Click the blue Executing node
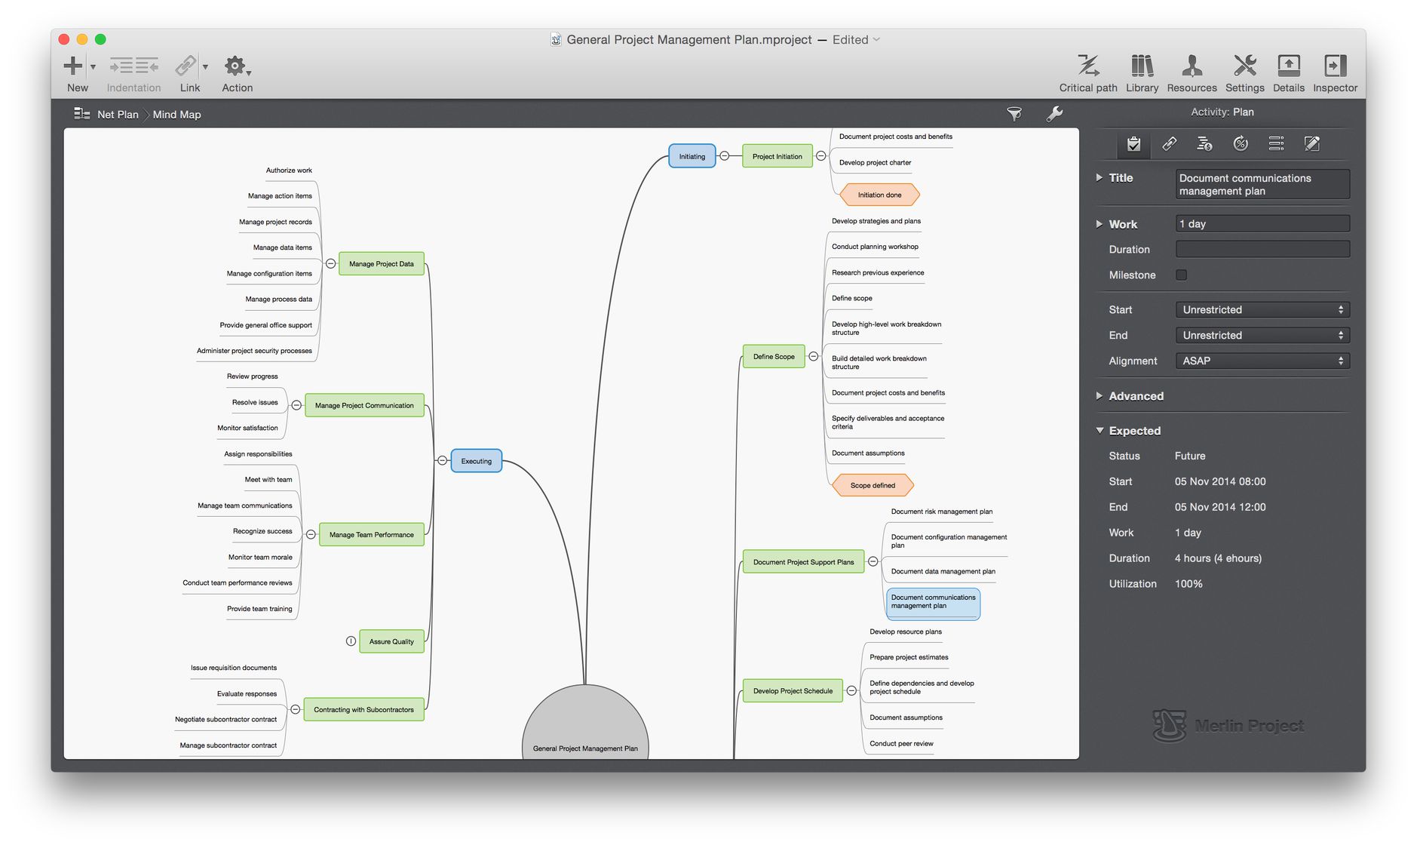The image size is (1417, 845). coord(476,461)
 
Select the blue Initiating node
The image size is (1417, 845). coord(692,156)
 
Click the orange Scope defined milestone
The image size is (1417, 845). coord(873,485)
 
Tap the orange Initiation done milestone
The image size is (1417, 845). coord(879,195)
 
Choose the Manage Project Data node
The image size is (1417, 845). coord(381,264)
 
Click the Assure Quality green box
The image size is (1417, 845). coord(391,641)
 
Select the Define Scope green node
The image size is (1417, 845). coord(774,356)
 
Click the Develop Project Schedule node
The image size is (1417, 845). coord(793,690)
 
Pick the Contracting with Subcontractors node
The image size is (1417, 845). coord(363,709)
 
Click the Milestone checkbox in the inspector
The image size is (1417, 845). coord(1182,275)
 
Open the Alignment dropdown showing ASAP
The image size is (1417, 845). coord(1262,361)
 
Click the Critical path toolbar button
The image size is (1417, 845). coord(1088,73)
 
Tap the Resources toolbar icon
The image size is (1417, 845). coord(1192,73)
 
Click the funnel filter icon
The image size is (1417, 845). coord(1014,114)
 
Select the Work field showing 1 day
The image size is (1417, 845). coord(1262,223)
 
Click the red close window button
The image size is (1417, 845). coord(64,39)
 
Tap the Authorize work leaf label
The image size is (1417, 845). coord(289,171)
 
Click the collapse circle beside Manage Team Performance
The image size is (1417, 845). coord(311,534)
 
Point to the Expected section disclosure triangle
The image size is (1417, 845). coord(1100,430)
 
